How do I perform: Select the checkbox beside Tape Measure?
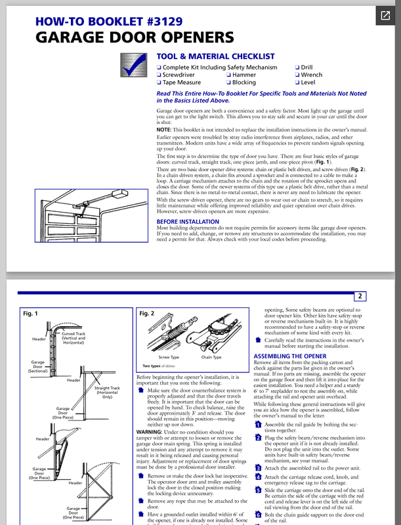(x=159, y=83)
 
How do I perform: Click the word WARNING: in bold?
(x=152, y=431)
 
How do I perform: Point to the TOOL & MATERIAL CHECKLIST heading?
(x=215, y=56)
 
